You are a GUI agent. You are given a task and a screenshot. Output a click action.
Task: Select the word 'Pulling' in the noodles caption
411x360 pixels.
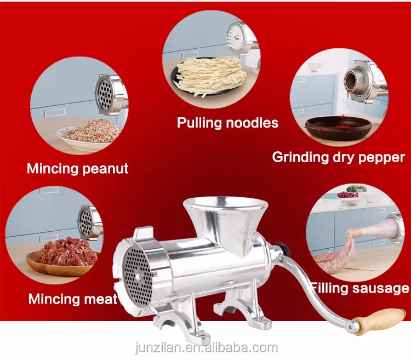pos(198,123)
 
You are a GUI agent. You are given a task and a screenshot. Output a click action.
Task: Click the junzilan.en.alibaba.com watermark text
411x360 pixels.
pos(206,347)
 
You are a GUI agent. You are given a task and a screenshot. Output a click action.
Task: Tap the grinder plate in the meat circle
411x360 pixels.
pos(85,222)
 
